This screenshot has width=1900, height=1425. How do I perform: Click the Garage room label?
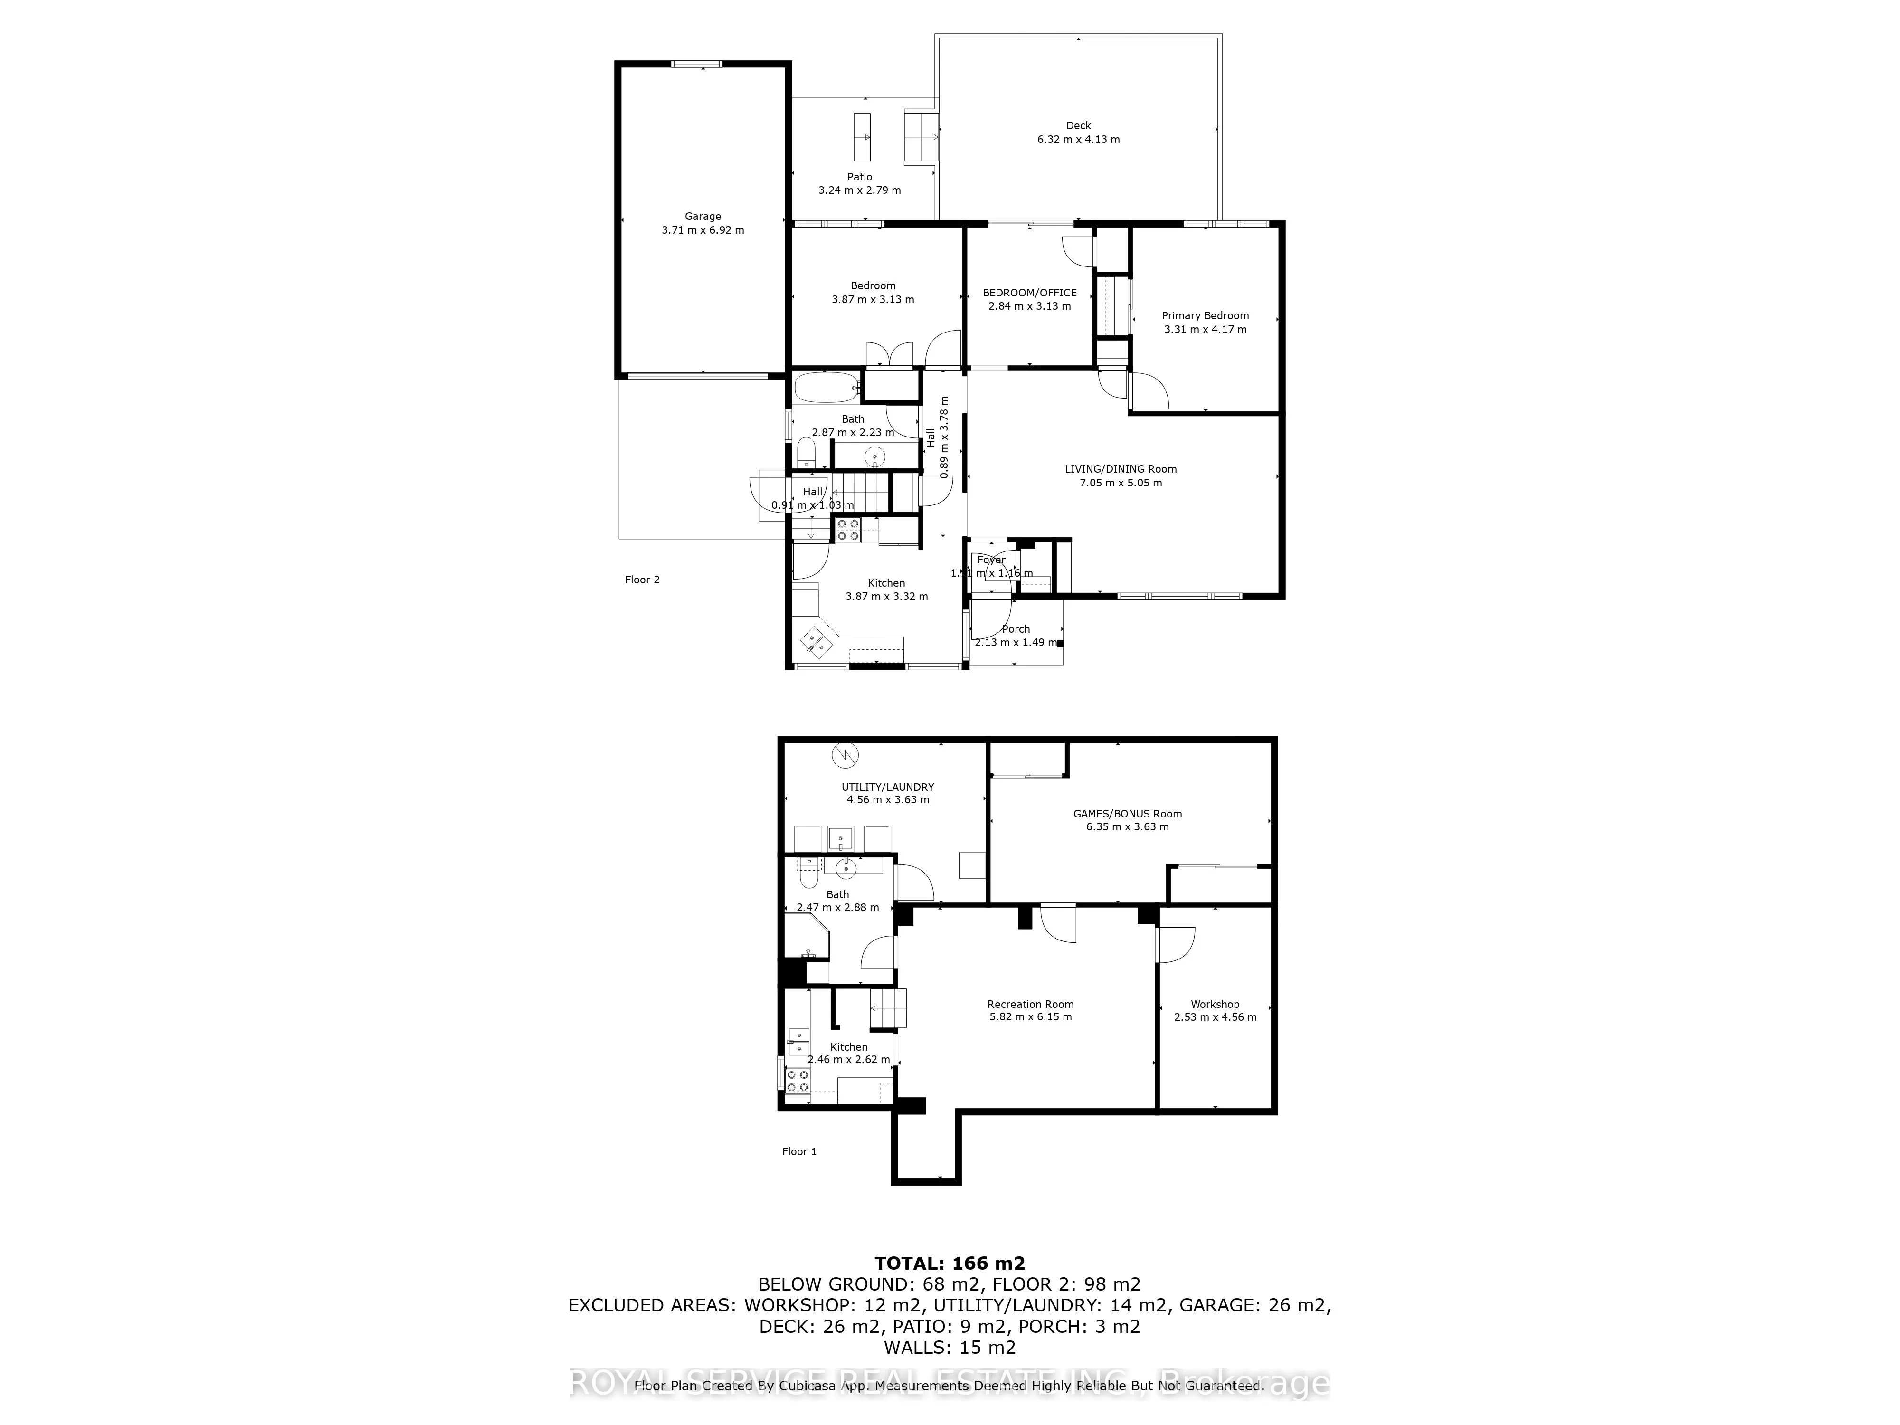click(x=703, y=217)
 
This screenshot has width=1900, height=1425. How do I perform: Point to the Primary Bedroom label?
click(x=1205, y=315)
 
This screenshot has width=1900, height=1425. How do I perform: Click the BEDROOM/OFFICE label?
click(x=1029, y=293)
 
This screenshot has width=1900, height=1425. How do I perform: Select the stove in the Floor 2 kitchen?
click(x=848, y=530)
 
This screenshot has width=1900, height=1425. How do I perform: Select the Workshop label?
click(x=1215, y=1004)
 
